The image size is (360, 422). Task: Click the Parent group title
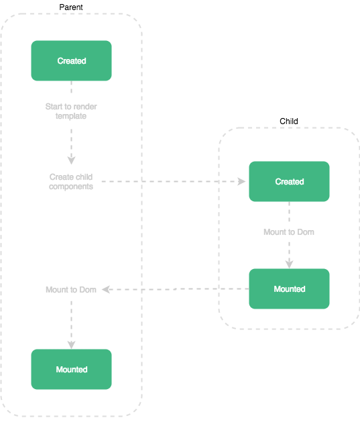(71, 7)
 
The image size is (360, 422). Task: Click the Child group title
(289, 121)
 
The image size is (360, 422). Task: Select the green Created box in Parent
(71, 60)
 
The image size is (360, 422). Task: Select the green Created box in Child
(289, 181)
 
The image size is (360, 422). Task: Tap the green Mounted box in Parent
(71, 369)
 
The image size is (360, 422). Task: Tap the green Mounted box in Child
(289, 288)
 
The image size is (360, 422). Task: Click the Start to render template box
(71, 111)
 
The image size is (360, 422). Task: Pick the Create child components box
(71, 181)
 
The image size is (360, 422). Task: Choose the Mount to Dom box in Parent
(71, 289)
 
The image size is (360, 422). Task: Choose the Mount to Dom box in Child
(289, 231)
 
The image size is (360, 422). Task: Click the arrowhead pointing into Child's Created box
(243, 181)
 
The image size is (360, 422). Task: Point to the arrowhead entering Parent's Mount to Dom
(106, 289)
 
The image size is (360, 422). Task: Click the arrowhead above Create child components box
(71, 160)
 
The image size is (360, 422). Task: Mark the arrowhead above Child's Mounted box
(289, 264)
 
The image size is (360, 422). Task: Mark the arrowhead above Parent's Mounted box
(71, 344)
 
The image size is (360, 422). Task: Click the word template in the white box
(71, 116)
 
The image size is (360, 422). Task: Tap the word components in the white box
(71, 187)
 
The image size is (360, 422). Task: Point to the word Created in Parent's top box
(71, 60)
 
